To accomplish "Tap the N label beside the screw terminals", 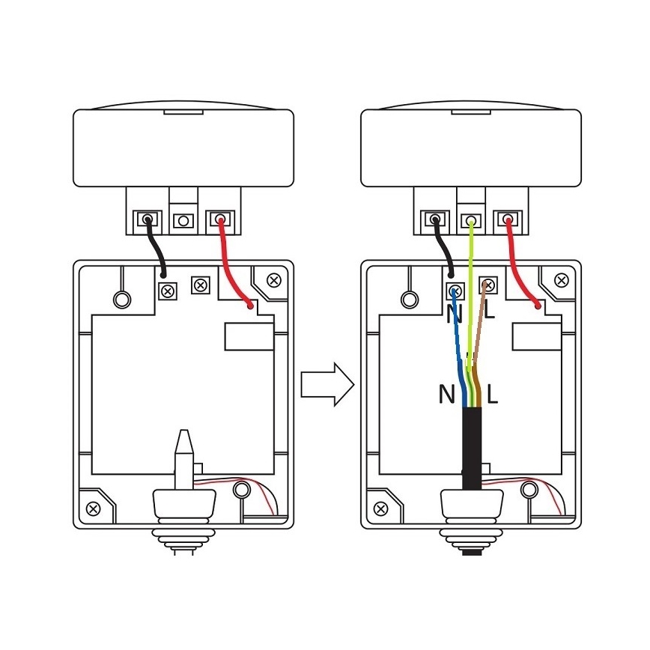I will click(454, 313).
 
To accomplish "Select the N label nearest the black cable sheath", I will click(446, 394).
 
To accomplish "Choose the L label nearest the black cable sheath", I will click(492, 394).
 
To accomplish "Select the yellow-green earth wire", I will click(470, 300).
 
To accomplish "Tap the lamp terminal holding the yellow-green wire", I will click(471, 221).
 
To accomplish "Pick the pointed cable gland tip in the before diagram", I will click(183, 449).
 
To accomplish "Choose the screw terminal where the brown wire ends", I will click(487, 285).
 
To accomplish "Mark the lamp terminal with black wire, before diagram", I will click(148, 220).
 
